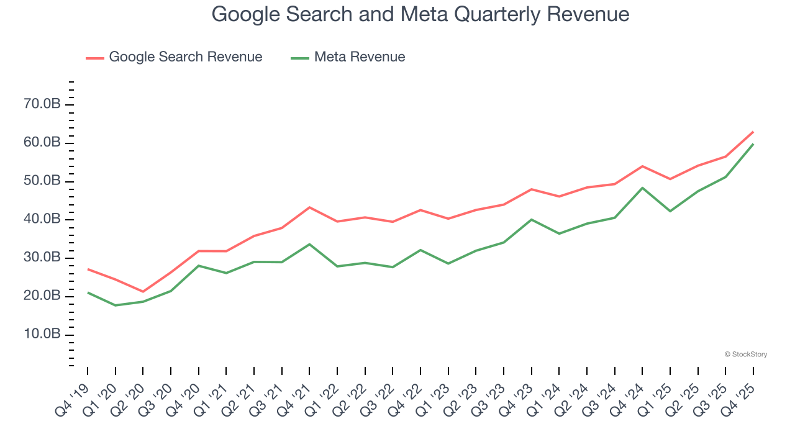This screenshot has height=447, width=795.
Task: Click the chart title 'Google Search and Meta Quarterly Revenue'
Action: (420, 14)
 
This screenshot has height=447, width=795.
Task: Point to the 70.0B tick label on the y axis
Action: (42, 104)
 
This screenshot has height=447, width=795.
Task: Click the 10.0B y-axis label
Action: (42, 335)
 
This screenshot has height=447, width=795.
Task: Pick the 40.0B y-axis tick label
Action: (42, 219)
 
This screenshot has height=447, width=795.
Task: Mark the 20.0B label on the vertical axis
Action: (42, 296)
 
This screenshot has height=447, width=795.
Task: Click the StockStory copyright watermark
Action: (745, 354)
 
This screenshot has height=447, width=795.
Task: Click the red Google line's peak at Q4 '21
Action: (309, 207)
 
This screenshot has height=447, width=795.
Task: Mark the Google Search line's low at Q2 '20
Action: (143, 292)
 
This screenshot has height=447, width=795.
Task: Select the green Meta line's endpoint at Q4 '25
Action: (753, 144)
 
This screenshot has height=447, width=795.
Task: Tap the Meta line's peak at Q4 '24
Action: (642, 187)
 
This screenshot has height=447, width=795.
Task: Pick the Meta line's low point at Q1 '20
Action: (115, 305)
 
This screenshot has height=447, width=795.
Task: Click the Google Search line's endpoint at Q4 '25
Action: (753, 132)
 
